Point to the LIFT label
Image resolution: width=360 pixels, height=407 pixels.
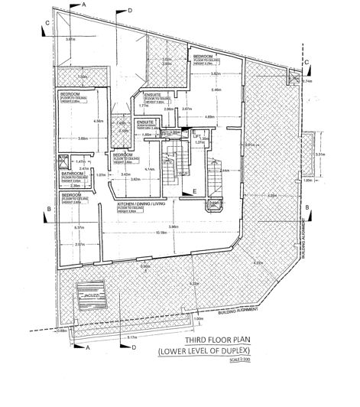(196, 133)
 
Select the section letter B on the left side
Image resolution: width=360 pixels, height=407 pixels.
(48, 208)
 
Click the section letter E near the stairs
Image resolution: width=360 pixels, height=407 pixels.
(194, 190)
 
